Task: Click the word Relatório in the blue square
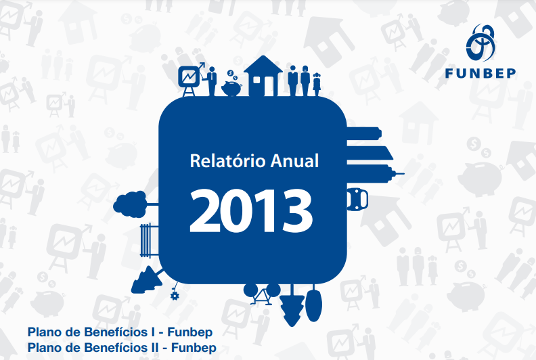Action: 227,160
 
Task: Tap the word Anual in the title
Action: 294,160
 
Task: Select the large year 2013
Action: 251,211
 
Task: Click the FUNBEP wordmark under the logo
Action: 481,73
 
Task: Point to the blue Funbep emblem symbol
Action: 481,43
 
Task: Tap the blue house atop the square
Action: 263,76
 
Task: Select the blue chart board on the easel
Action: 189,76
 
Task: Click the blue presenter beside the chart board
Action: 212,81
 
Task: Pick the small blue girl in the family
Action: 317,84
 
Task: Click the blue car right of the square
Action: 357,199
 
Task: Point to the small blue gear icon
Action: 175,295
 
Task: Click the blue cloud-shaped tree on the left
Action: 131,204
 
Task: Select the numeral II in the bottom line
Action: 154,348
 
